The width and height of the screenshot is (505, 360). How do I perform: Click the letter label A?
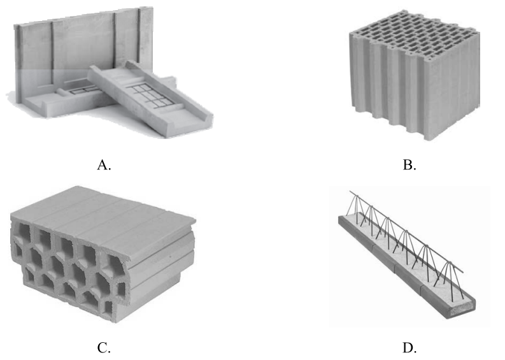click(x=104, y=165)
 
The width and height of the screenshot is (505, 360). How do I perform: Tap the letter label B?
click(x=409, y=165)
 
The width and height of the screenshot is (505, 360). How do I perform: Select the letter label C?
click(x=104, y=348)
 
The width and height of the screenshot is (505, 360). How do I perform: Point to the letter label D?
click(x=409, y=348)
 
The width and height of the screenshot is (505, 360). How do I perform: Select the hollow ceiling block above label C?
click(x=103, y=254)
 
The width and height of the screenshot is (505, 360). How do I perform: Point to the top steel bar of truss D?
click(x=406, y=232)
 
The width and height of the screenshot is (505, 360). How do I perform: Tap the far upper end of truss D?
click(x=350, y=191)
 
